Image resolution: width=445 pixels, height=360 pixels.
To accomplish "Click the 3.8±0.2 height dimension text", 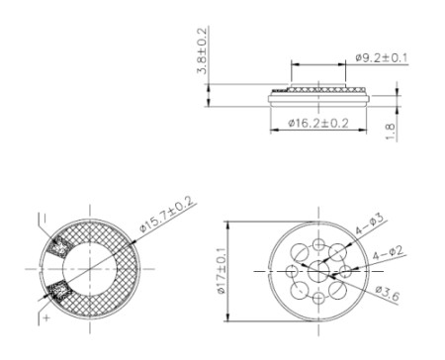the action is click(202, 50).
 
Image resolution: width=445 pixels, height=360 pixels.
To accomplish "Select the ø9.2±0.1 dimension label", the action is click(382, 58).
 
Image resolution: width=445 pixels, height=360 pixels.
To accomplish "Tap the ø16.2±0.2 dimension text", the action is click(318, 124).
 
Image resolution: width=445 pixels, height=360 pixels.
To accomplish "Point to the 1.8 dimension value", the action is click(391, 132).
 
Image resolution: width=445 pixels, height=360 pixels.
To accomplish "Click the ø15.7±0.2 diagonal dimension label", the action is click(166, 215).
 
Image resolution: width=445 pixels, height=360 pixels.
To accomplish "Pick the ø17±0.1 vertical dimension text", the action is click(222, 271).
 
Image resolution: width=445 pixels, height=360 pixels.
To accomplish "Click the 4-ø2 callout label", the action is click(388, 253).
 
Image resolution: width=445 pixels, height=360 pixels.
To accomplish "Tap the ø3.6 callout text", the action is click(388, 294).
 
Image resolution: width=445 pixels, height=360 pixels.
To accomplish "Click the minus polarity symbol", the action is click(44, 218).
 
